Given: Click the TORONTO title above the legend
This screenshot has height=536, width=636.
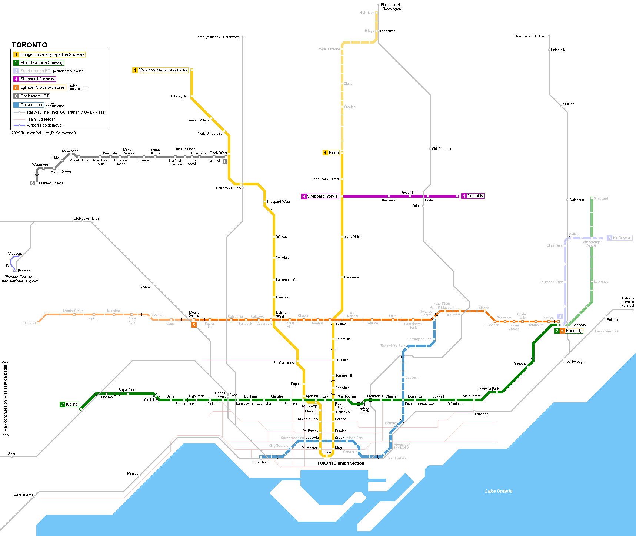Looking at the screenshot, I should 29,45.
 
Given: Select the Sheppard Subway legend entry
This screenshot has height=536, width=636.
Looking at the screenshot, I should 37,79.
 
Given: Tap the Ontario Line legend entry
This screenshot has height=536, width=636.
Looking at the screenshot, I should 31,105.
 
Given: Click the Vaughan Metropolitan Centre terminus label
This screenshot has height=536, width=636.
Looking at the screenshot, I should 163,70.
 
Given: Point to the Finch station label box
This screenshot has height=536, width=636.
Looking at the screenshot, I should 333,153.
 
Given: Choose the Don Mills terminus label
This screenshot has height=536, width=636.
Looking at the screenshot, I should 475,196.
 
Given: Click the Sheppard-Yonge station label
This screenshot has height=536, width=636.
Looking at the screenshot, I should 322,196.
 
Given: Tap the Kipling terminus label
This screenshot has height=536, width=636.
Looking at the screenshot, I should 71,404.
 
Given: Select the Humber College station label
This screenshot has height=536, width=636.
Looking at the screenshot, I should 51,183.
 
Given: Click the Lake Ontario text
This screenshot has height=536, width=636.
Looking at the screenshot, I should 499,491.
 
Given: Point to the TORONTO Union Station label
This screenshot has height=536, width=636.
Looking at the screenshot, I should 340,463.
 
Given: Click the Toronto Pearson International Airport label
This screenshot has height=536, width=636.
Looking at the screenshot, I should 20,279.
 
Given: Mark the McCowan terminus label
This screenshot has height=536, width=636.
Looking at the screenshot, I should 622,238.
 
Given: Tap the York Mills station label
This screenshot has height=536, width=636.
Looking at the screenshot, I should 352,236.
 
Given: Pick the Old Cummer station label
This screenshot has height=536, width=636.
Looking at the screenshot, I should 442,149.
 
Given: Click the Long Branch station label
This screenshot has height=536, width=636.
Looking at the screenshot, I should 23,495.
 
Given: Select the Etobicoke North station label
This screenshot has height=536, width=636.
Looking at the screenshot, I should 86,218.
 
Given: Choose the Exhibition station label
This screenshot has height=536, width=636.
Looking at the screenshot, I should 260,462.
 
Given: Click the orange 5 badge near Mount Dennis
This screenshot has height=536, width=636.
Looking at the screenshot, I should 193,325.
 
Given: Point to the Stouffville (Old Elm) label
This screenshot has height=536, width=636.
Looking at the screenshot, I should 530,36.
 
